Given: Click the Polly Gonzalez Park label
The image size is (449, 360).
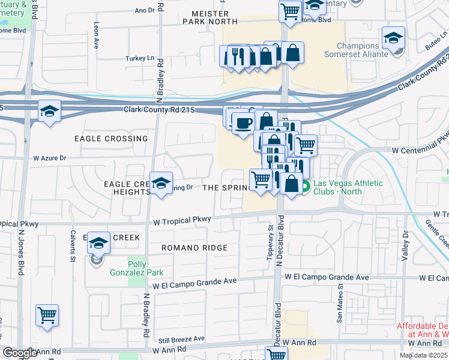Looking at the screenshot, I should click(x=145, y=268).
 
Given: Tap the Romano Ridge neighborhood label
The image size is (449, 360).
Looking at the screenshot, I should click(x=194, y=248).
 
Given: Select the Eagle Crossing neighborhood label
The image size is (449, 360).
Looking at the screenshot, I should click(x=111, y=139).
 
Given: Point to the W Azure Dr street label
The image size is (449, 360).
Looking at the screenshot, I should click(x=49, y=158).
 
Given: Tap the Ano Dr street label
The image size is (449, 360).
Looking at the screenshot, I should click(x=145, y=10).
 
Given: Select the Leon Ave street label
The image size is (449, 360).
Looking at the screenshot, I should click(x=96, y=36).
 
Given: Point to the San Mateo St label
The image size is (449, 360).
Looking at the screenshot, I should click(x=339, y=307).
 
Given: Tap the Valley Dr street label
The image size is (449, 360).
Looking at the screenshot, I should click(x=406, y=244).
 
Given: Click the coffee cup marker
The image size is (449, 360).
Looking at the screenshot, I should click(x=243, y=124).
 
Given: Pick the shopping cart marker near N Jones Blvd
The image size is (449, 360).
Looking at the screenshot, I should click(x=47, y=315).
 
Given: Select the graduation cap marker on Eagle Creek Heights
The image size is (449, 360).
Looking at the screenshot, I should click(x=161, y=184).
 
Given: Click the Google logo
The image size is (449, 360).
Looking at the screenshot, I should click(x=20, y=353).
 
